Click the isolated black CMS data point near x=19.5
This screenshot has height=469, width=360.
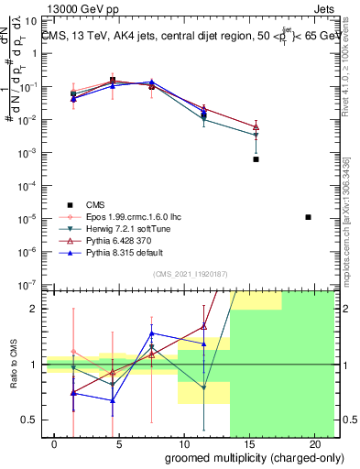click(309, 217)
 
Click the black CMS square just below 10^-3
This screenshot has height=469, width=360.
click(256, 159)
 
